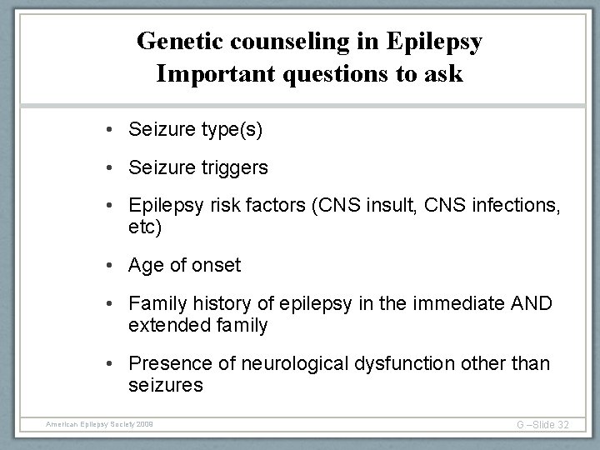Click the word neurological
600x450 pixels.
click(x=287, y=364)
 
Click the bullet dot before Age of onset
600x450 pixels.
click(x=110, y=267)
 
